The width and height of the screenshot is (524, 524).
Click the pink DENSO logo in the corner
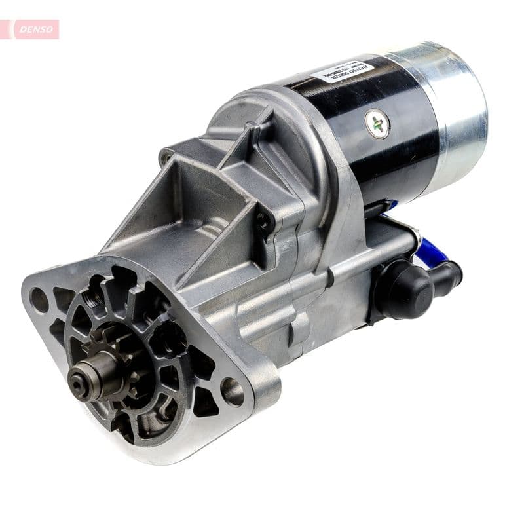click(33, 29)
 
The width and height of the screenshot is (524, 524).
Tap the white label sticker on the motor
click(342, 70)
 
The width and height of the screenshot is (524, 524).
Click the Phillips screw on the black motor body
click(377, 124)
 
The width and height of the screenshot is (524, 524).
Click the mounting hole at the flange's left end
click(39, 301)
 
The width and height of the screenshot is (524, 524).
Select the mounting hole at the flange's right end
click(232, 392)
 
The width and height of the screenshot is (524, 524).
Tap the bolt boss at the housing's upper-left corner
click(166, 157)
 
